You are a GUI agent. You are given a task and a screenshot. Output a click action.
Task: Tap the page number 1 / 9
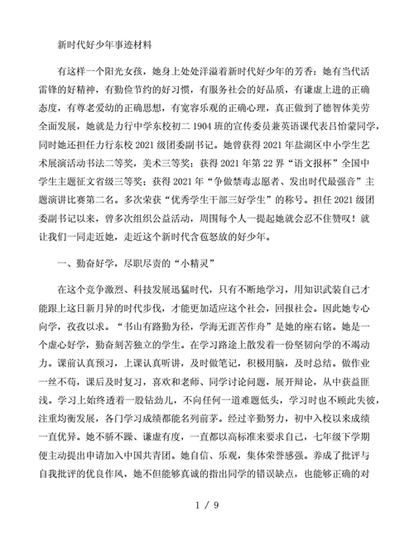click(x=207, y=503)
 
